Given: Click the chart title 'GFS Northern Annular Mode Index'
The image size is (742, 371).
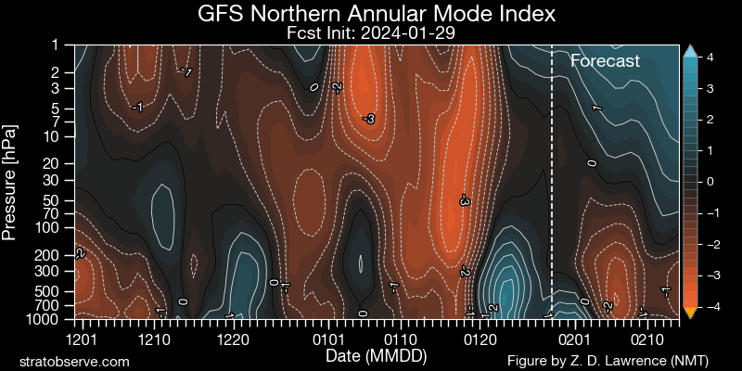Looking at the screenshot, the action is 377,14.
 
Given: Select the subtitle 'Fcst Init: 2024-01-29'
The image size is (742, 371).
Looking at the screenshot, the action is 371,33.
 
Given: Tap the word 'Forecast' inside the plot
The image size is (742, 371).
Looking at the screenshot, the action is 605,61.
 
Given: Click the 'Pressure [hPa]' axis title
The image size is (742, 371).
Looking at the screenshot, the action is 10,183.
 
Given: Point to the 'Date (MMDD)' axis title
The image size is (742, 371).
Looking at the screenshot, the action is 377,355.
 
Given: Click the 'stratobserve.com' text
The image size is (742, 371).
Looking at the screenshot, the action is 74,362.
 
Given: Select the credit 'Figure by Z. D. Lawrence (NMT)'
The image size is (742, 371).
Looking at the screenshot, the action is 608,361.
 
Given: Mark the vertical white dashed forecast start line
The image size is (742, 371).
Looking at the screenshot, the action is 552,182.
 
